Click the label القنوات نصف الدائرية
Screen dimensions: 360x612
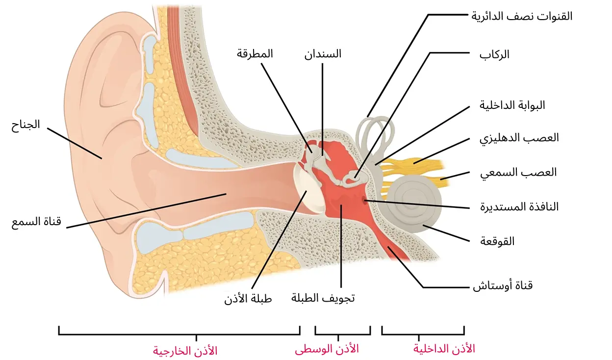(522, 16)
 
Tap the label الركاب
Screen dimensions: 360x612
(494, 54)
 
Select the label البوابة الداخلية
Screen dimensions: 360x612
(512, 105)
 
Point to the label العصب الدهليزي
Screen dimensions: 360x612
(519, 138)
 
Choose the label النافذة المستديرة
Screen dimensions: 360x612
(519, 206)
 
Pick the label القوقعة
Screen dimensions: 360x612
(499, 241)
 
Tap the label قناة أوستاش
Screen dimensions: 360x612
(502, 285)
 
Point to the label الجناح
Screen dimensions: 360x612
(25, 125)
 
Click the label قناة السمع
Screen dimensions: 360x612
(36, 222)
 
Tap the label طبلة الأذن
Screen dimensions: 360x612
(248, 298)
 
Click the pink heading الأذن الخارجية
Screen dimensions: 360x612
(185, 351)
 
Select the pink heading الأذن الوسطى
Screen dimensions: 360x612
(327, 349)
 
